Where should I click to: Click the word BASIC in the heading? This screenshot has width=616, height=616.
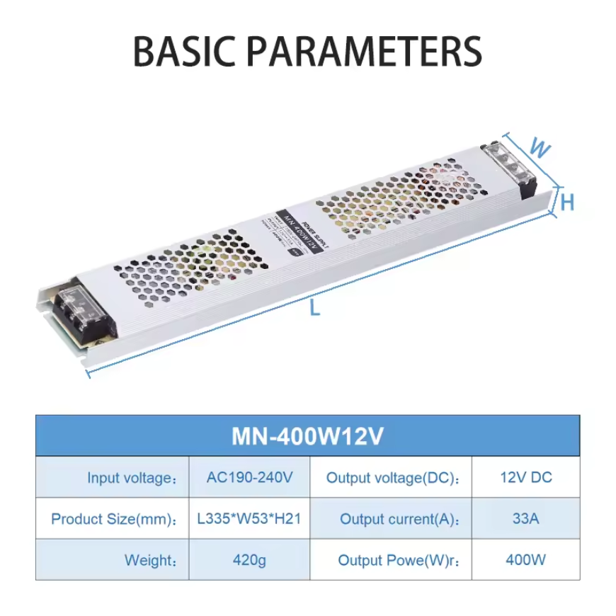point(186,51)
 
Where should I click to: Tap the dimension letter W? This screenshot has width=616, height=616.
point(540,148)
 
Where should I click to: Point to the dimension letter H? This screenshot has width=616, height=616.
point(567,203)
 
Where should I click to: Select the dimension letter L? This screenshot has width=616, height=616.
point(316,309)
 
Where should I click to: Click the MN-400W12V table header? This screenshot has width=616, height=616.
point(307,436)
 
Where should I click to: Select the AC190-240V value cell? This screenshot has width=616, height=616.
point(249,477)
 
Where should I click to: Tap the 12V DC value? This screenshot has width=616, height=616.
point(525,477)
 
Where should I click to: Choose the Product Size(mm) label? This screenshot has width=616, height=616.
point(113,519)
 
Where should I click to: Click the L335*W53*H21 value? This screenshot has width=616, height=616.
point(249,518)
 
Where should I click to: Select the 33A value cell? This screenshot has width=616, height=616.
point(525,518)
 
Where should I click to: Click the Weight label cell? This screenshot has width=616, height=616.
point(150,561)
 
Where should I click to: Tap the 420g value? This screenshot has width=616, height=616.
point(249,560)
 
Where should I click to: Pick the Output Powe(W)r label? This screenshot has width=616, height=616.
point(399,561)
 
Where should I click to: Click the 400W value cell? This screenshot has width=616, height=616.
point(525,560)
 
